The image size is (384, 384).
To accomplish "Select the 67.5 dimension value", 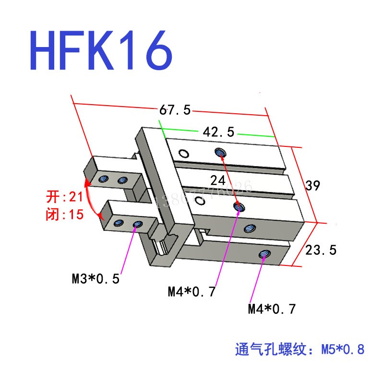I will (175, 110).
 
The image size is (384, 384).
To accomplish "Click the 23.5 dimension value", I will (321, 250).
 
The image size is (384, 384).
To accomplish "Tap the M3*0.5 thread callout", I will (96, 278).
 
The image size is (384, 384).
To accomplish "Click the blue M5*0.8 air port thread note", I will (300, 349).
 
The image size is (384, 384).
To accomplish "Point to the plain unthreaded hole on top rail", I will (183, 154).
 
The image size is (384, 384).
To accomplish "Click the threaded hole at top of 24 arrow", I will (220, 153).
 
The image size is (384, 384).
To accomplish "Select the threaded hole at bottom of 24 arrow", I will (239, 207).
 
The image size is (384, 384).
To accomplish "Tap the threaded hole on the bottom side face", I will (263, 255).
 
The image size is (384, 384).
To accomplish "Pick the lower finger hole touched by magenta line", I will (138, 224).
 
